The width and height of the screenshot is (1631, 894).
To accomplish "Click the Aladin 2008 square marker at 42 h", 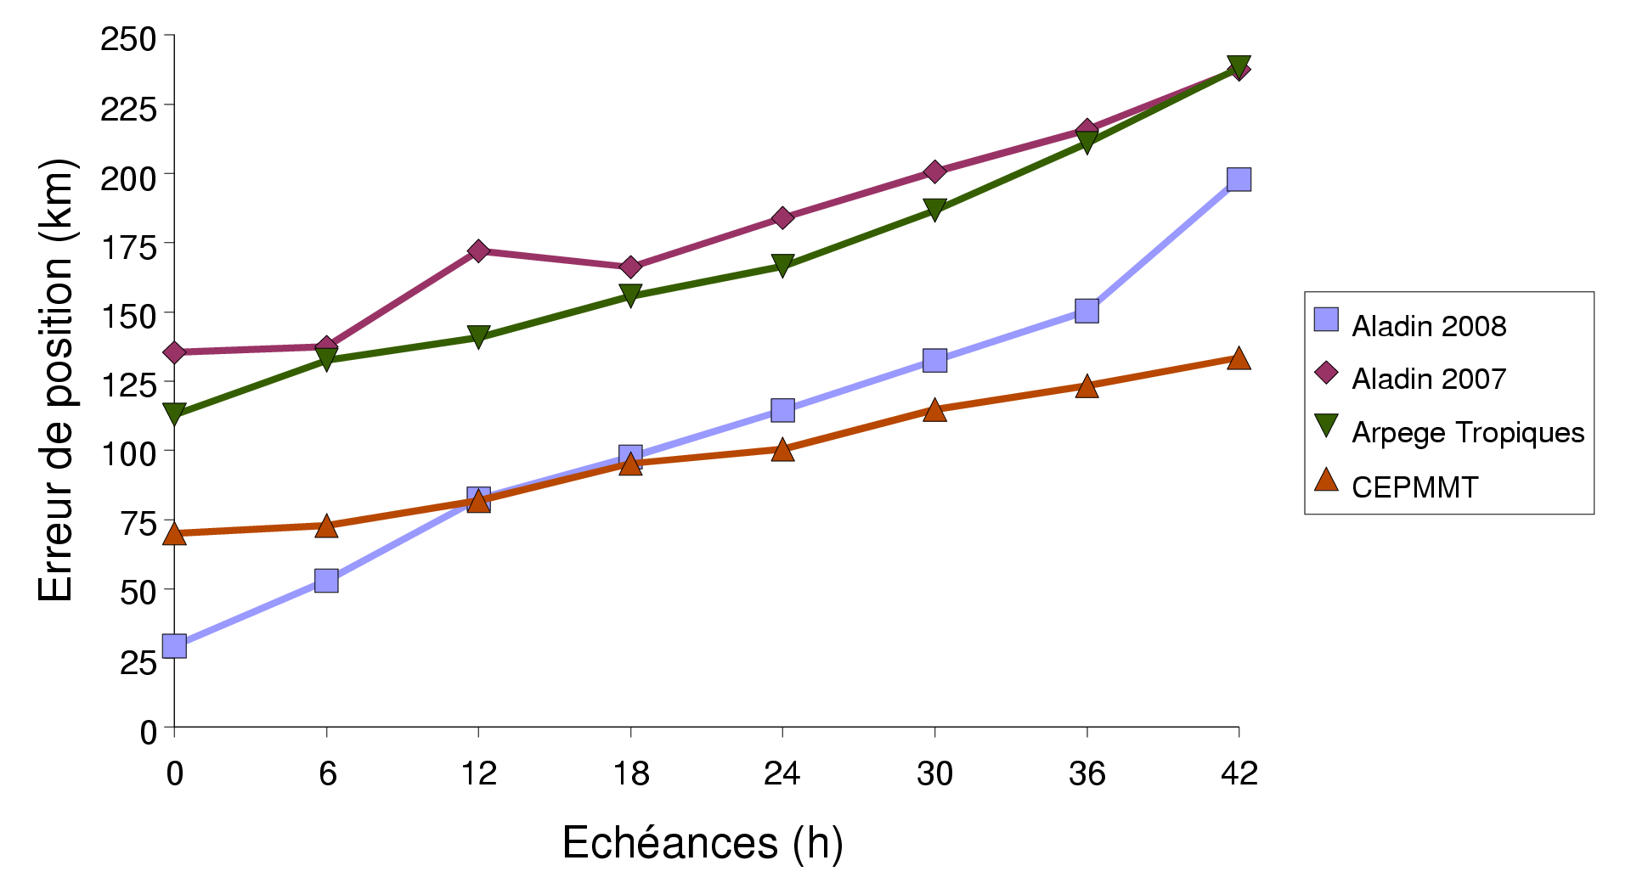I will [1239, 179].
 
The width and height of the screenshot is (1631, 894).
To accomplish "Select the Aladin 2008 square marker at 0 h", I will [174, 646].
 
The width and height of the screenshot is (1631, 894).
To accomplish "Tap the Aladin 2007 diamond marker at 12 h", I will [478, 250].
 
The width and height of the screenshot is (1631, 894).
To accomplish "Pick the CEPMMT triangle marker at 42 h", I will [1239, 358].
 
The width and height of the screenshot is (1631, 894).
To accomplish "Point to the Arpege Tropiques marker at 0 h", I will [174, 413].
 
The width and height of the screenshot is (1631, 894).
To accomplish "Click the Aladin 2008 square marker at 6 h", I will [326, 581].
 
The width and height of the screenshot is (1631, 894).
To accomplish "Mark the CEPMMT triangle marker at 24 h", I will [782, 450].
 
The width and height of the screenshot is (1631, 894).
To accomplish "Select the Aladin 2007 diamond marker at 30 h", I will [934, 171].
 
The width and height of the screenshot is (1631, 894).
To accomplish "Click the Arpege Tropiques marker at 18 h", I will [630, 295].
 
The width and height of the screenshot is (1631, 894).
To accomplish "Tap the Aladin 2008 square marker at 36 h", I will [1086, 311].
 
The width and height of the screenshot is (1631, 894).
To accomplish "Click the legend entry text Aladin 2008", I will [1429, 326].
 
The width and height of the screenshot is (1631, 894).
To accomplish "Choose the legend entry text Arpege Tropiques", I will [1468, 432].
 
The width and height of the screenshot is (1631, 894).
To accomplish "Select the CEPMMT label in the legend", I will [1415, 487].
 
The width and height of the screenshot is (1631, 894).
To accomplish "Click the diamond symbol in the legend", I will [1326, 373].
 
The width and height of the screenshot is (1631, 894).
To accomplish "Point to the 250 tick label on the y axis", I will [128, 39].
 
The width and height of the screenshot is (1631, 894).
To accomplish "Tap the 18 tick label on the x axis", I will [630, 773].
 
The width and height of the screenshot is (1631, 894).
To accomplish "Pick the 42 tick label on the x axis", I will [1239, 773].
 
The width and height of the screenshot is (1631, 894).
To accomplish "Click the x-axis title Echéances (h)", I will [703, 843].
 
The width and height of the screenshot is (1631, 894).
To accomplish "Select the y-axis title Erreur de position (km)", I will [57, 380].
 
